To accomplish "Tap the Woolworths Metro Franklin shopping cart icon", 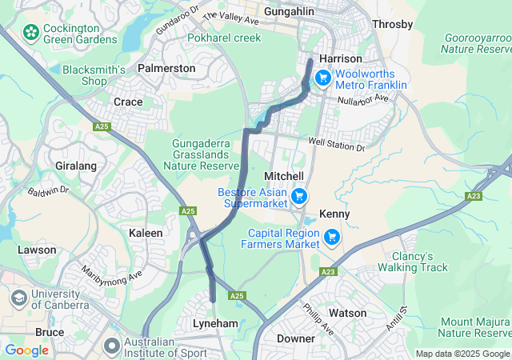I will (322, 78).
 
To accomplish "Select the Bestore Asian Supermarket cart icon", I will (298, 195).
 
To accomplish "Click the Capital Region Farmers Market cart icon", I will (332, 236).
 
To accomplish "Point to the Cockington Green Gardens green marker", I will (30, 33).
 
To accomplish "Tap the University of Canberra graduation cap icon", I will (18, 298).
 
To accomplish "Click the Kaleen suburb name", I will (146, 233).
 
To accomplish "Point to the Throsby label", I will (393, 24).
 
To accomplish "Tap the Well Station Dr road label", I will (337, 145).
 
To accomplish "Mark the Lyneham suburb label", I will (215, 322).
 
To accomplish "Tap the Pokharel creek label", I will (224, 38).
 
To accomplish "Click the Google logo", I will (26, 350).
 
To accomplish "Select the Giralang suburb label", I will (76, 166).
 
